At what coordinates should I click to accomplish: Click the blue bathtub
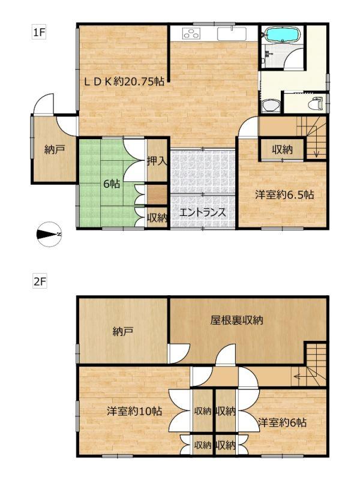click(281, 34)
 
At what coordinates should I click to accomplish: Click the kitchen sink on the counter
click(232, 34)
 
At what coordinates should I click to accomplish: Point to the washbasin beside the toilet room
click(271, 106)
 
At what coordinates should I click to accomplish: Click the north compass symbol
click(49, 234)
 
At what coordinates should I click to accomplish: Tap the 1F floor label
click(39, 32)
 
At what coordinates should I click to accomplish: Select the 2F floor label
click(40, 281)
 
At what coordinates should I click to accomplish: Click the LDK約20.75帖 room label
click(124, 82)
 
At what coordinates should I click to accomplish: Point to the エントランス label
click(202, 212)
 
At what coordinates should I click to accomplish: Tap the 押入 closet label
click(157, 161)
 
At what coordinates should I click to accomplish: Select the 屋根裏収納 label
click(236, 320)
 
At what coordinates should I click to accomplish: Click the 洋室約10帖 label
click(134, 411)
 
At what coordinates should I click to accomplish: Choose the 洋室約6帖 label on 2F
click(282, 422)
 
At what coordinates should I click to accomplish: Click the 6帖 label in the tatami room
click(112, 184)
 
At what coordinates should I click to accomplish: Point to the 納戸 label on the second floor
click(123, 332)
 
